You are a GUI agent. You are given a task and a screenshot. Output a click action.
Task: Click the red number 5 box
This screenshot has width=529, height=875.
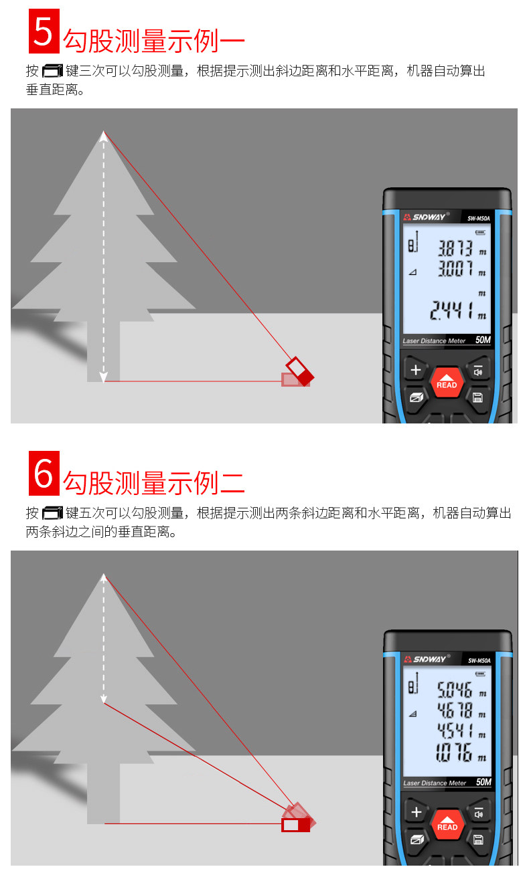click(x=44, y=31)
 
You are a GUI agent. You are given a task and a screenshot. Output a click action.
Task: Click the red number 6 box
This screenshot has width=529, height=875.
click(x=44, y=473)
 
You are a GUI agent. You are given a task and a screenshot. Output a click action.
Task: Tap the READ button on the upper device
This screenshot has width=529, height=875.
click(x=447, y=382)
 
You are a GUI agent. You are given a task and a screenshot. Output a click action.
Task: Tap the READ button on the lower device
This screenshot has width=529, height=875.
click(x=447, y=824)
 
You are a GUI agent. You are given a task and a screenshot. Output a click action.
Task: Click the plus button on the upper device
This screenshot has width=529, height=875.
click(x=416, y=369)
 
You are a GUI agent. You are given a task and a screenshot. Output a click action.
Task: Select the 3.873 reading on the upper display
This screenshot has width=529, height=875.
click(x=455, y=248)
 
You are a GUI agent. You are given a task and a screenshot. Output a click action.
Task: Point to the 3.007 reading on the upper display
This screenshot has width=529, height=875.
click(x=455, y=268)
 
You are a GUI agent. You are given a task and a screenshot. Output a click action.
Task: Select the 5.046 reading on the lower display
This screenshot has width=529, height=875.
click(x=455, y=690)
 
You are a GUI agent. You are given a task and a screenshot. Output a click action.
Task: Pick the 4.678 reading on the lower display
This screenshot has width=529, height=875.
click(x=455, y=710)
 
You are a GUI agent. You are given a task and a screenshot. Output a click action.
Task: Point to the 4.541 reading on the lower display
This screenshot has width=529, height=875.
click(x=455, y=730)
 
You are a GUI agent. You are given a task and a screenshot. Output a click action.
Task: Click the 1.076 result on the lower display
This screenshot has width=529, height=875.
click(x=454, y=753)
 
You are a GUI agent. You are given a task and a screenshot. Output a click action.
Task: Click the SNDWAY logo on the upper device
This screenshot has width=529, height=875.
click(x=426, y=217)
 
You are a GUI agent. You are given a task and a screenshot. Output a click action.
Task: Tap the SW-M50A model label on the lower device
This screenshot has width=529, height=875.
click(x=479, y=660)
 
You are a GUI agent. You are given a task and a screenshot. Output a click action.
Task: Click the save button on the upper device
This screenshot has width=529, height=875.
click(x=478, y=397)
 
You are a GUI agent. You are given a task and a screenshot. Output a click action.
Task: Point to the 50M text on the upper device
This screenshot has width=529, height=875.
click(x=483, y=340)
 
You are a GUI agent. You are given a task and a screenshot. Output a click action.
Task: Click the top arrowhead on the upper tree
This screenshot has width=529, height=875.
click(x=104, y=136)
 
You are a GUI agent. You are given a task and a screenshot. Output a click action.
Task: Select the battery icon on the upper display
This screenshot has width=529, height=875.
click(x=481, y=232)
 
